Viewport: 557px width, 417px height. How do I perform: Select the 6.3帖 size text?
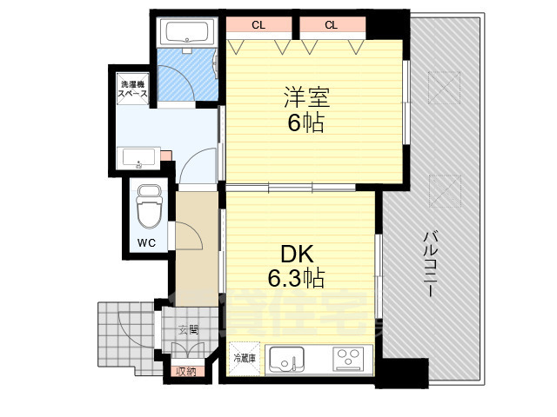pos(296,278)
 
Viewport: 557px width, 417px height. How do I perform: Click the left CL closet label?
pos(258,25)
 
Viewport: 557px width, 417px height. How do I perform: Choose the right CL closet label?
pos(331,25)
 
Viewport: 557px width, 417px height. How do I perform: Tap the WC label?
pos(145,242)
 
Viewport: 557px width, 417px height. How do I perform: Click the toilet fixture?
pos(149,206)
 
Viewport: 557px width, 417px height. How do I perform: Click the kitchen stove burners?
pos(348,359)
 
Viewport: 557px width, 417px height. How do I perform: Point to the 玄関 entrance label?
pos(189,329)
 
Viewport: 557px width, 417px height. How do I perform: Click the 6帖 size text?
pos(305,123)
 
